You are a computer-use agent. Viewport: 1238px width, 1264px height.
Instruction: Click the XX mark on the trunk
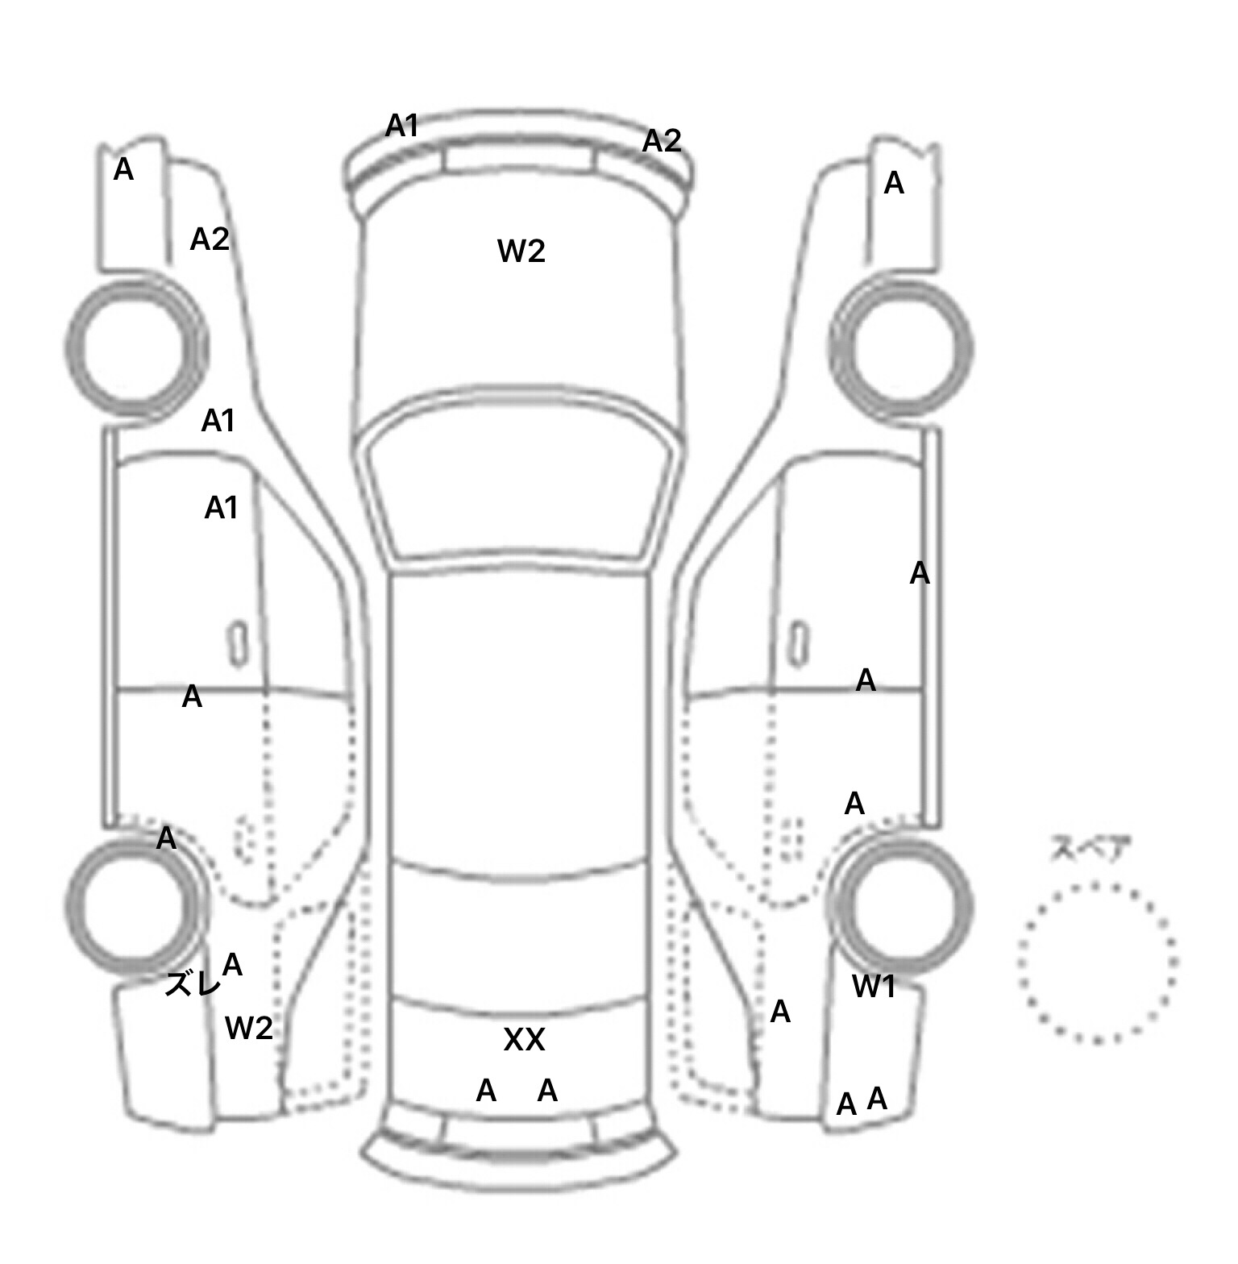pos(524,1040)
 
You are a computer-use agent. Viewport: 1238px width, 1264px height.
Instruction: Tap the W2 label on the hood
pos(521,252)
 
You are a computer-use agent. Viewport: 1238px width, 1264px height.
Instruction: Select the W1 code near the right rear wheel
pos(874,986)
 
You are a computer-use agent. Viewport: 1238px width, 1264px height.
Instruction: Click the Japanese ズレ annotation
pos(192,983)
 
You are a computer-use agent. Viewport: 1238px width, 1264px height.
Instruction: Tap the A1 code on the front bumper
pos(401,126)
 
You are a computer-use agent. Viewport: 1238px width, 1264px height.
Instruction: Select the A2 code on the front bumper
pos(662,141)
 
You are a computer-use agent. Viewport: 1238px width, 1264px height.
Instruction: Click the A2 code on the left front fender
pos(210,239)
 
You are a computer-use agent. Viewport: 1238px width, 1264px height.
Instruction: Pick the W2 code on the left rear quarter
pos(249,1028)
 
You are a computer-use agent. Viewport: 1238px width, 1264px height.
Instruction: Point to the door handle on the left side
pos(238,644)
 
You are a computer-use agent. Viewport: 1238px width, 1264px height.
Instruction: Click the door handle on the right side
pos(798,644)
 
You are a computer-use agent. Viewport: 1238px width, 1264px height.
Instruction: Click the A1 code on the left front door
pos(221,508)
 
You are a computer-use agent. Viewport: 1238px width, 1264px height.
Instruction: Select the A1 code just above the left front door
pos(218,421)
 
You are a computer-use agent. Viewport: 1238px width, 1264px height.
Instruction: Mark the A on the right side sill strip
pos(920,574)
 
